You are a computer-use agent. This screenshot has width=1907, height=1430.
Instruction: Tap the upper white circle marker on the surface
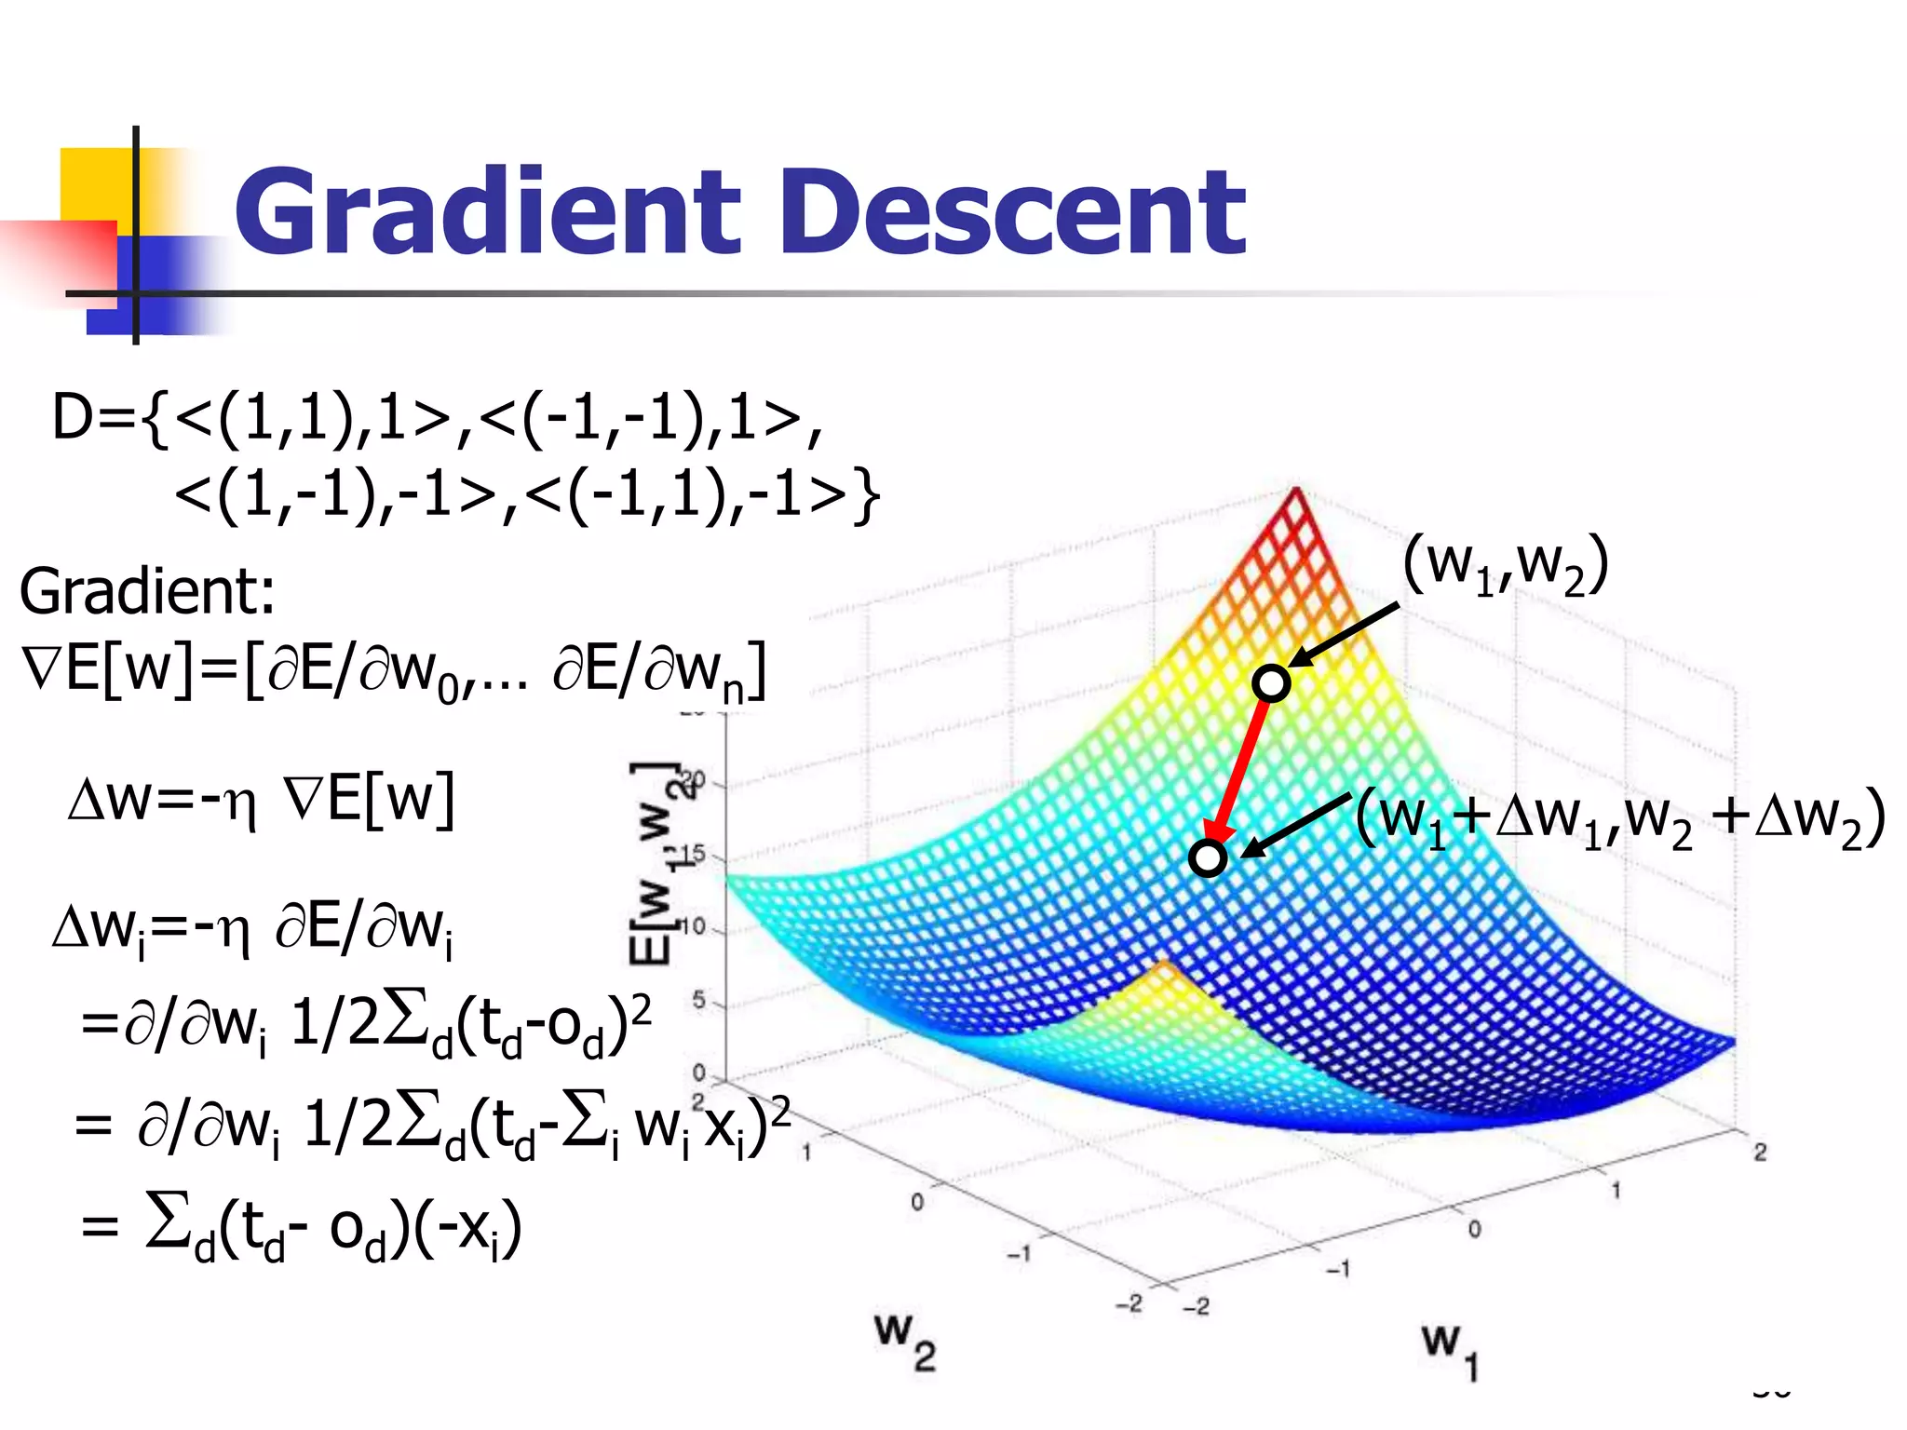(x=1271, y=682)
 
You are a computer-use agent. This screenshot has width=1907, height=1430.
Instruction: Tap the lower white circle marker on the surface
(x=1208, y=857)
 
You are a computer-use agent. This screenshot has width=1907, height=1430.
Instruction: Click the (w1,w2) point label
(x=1506, y=565)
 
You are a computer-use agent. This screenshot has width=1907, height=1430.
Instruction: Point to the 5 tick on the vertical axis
(x=699, y=1002)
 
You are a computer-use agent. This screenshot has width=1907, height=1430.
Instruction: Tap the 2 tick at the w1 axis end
(x=1760, y=1152)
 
